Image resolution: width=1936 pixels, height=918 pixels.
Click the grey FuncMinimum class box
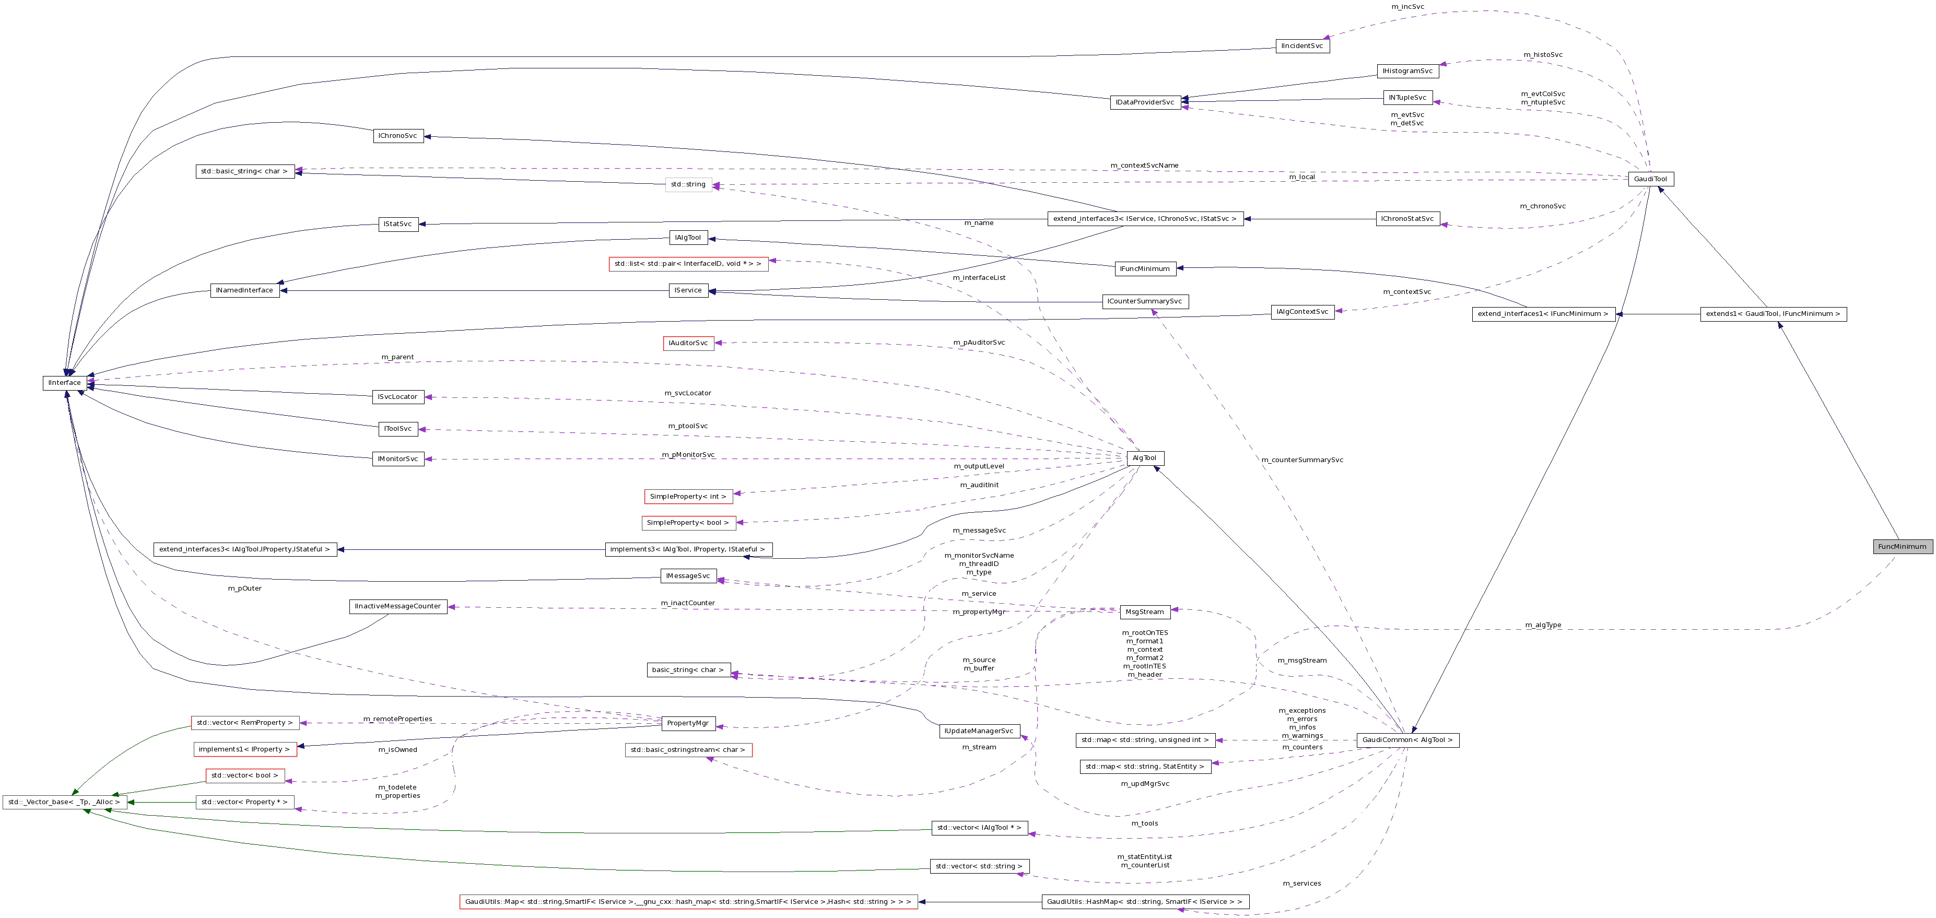1902,547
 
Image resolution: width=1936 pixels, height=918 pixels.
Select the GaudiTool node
1650,179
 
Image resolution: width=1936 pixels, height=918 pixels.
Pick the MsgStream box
1145,612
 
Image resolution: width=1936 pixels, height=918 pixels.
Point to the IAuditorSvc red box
688,343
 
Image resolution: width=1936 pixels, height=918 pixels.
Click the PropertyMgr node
688,723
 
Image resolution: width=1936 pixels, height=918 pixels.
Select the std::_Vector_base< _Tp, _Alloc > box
64,802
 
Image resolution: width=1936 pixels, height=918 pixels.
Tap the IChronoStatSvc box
1407,219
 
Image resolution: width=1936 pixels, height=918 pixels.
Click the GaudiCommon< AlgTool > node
1407,740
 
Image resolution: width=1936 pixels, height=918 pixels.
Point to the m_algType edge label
1543,625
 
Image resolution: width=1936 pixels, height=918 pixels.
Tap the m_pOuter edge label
244,588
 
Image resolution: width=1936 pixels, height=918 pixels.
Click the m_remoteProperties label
397,719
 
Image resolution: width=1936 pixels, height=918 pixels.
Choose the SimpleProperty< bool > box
688,523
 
